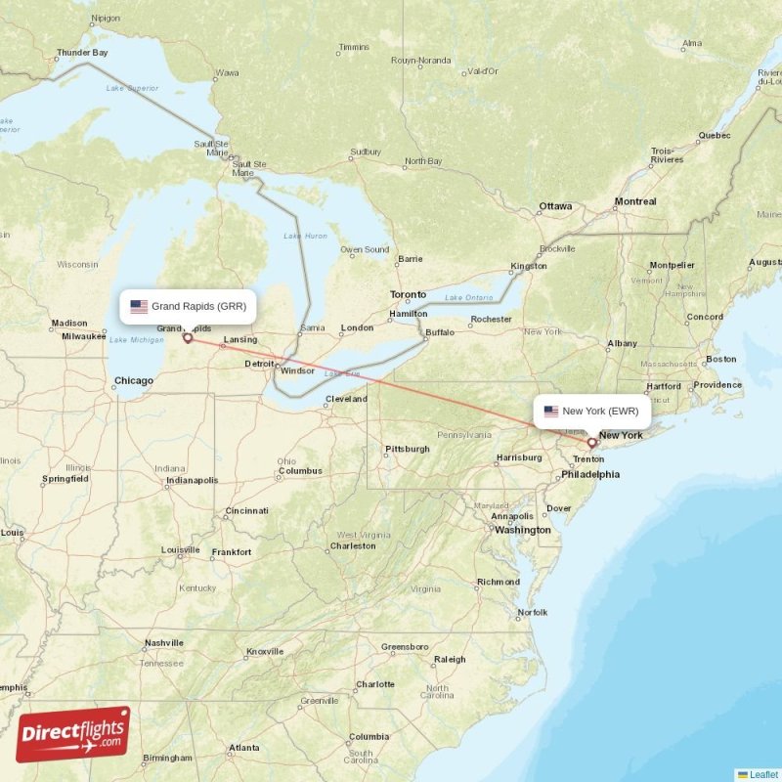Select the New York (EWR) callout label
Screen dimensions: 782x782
point(592,411)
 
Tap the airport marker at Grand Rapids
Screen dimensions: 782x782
point(187,339)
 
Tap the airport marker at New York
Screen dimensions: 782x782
point(591,442)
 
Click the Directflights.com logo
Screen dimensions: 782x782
point(73,734)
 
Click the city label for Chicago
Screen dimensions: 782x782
point(133,380)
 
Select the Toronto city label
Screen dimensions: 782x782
point(408,294)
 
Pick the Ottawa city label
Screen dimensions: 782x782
point(555,206)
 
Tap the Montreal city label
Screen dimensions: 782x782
point(634,201)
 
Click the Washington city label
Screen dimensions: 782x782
point(522,530)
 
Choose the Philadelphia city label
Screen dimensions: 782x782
point(589,474)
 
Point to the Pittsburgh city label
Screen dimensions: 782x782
point(407,449)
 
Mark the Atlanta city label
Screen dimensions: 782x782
point(243,748)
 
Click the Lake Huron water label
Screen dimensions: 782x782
point(305,236)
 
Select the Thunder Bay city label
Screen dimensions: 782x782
point(82,53)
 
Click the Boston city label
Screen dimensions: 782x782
point(721,359)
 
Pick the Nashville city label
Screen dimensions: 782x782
point(163,643)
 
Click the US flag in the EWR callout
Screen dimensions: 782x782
point(551,411)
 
